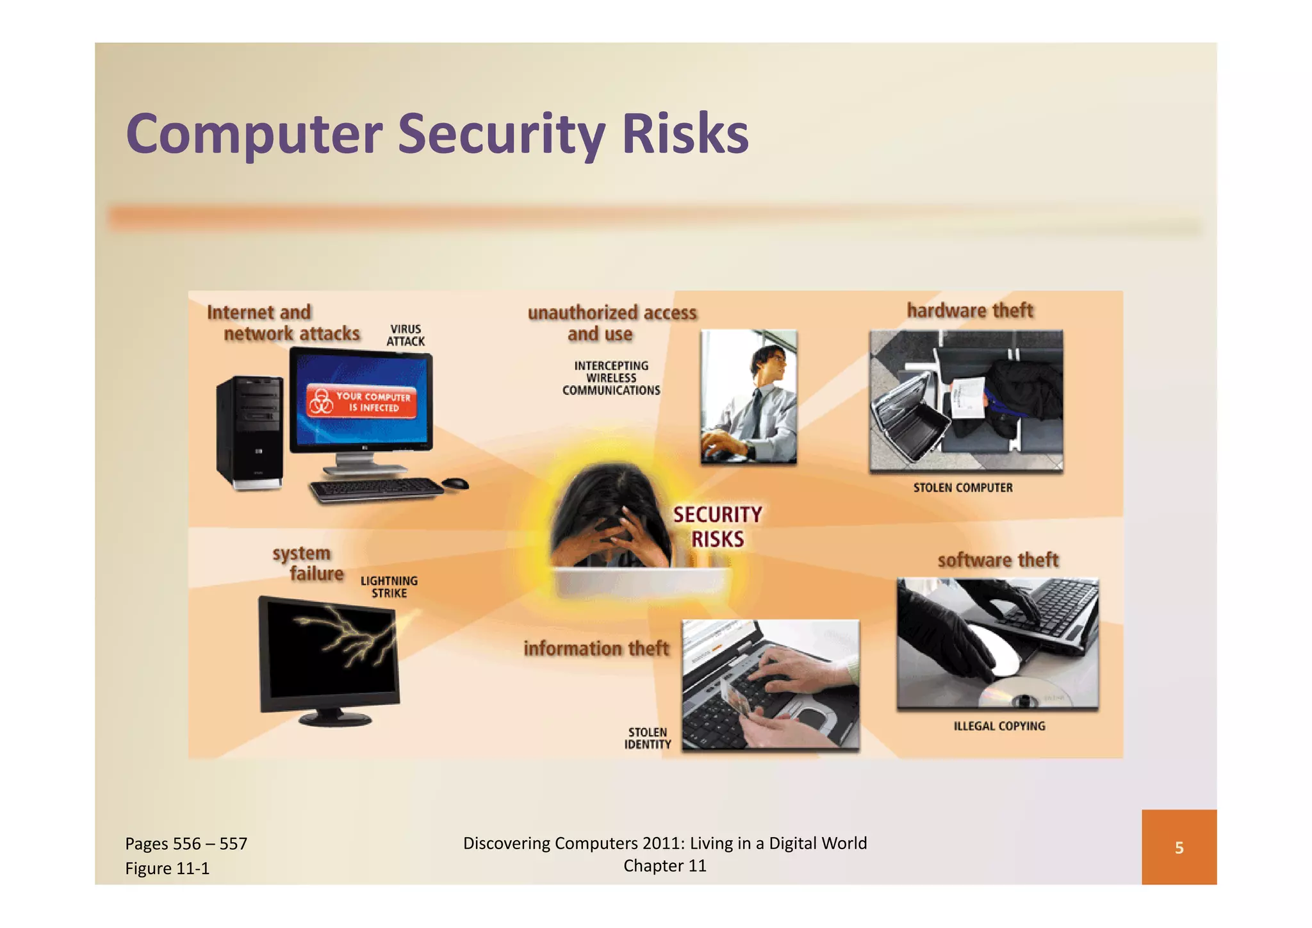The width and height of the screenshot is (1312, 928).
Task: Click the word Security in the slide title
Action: point(501,135)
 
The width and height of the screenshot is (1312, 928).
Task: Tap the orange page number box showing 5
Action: point(1178,847)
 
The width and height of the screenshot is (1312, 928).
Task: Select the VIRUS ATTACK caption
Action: point(406,335)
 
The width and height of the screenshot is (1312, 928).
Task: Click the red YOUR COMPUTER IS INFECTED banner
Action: point(362,402)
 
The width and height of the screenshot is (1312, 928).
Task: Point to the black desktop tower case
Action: point(250,433)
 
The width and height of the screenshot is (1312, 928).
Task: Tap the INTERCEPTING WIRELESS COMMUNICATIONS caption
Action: point(611,378)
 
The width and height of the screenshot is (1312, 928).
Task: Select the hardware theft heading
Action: point(970,311)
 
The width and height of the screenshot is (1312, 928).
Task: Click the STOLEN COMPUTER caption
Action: point(963,488)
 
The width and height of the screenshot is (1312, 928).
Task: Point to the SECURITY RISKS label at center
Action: point(717,527)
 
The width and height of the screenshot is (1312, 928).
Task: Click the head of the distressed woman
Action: point(609,506)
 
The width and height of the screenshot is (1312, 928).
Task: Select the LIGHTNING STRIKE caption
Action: point(389,587)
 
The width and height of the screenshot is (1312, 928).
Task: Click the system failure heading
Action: point(308,563)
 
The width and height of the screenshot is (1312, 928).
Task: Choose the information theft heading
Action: point(596,649)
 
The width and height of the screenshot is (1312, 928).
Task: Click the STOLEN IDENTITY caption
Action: point(648,738)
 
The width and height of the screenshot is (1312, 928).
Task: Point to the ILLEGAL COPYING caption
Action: point(999,726)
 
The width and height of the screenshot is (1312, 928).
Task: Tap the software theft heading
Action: point(997,560)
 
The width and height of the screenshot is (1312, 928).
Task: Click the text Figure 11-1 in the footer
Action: point(167,868)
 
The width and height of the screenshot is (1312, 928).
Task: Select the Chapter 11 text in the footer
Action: point(664,866)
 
